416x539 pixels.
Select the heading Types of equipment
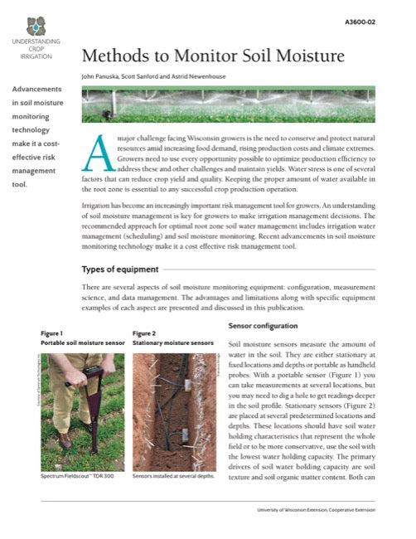point(119,269)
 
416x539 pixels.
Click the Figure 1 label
point(52,333)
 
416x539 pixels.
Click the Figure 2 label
point(144,333)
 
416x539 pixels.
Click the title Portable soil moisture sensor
point(82,342)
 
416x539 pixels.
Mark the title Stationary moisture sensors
point(172,342)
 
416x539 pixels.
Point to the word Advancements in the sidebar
point(36,89)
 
